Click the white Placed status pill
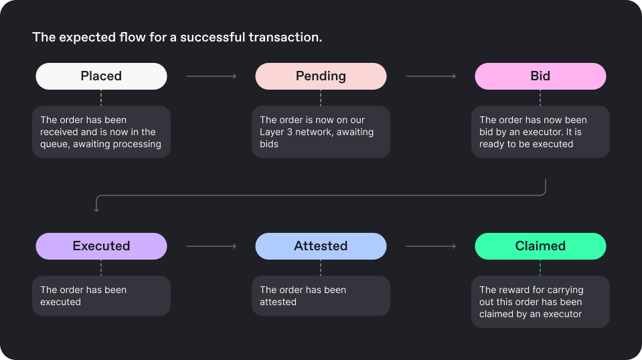pyautogui.click(x=101, y=76)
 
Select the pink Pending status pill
pyautogui.click(x=321, y=76)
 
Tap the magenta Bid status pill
pyautogui.click(x=540, y=76)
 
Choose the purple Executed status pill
pyautogui.click(x=101, y=246)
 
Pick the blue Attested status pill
pyautogui.click(x=321, y=246)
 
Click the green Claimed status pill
pyautogui.click(x=540, y=246)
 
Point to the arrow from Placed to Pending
pyautogui.click(x=212, y=76)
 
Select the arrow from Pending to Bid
pyautogui.click(x=430, y=76)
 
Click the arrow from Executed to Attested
pyautogui.click(x=212, y=246)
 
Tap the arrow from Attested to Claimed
pyautogui.click(x=430, y=246)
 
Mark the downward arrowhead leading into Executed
pyautogui.click(x=96, y=209)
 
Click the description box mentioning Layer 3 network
pyautogui.click(x=321, y=132)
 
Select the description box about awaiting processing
pyautogui.click(x=101, y=132)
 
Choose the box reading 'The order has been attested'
pyautogui.click(x=321, y=295)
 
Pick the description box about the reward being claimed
pyautogui.click(x=540, y=302)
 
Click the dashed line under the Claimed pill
pyautogui.click(x=540, y=268)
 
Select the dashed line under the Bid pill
pyautogui.click(x=540, y=98)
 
